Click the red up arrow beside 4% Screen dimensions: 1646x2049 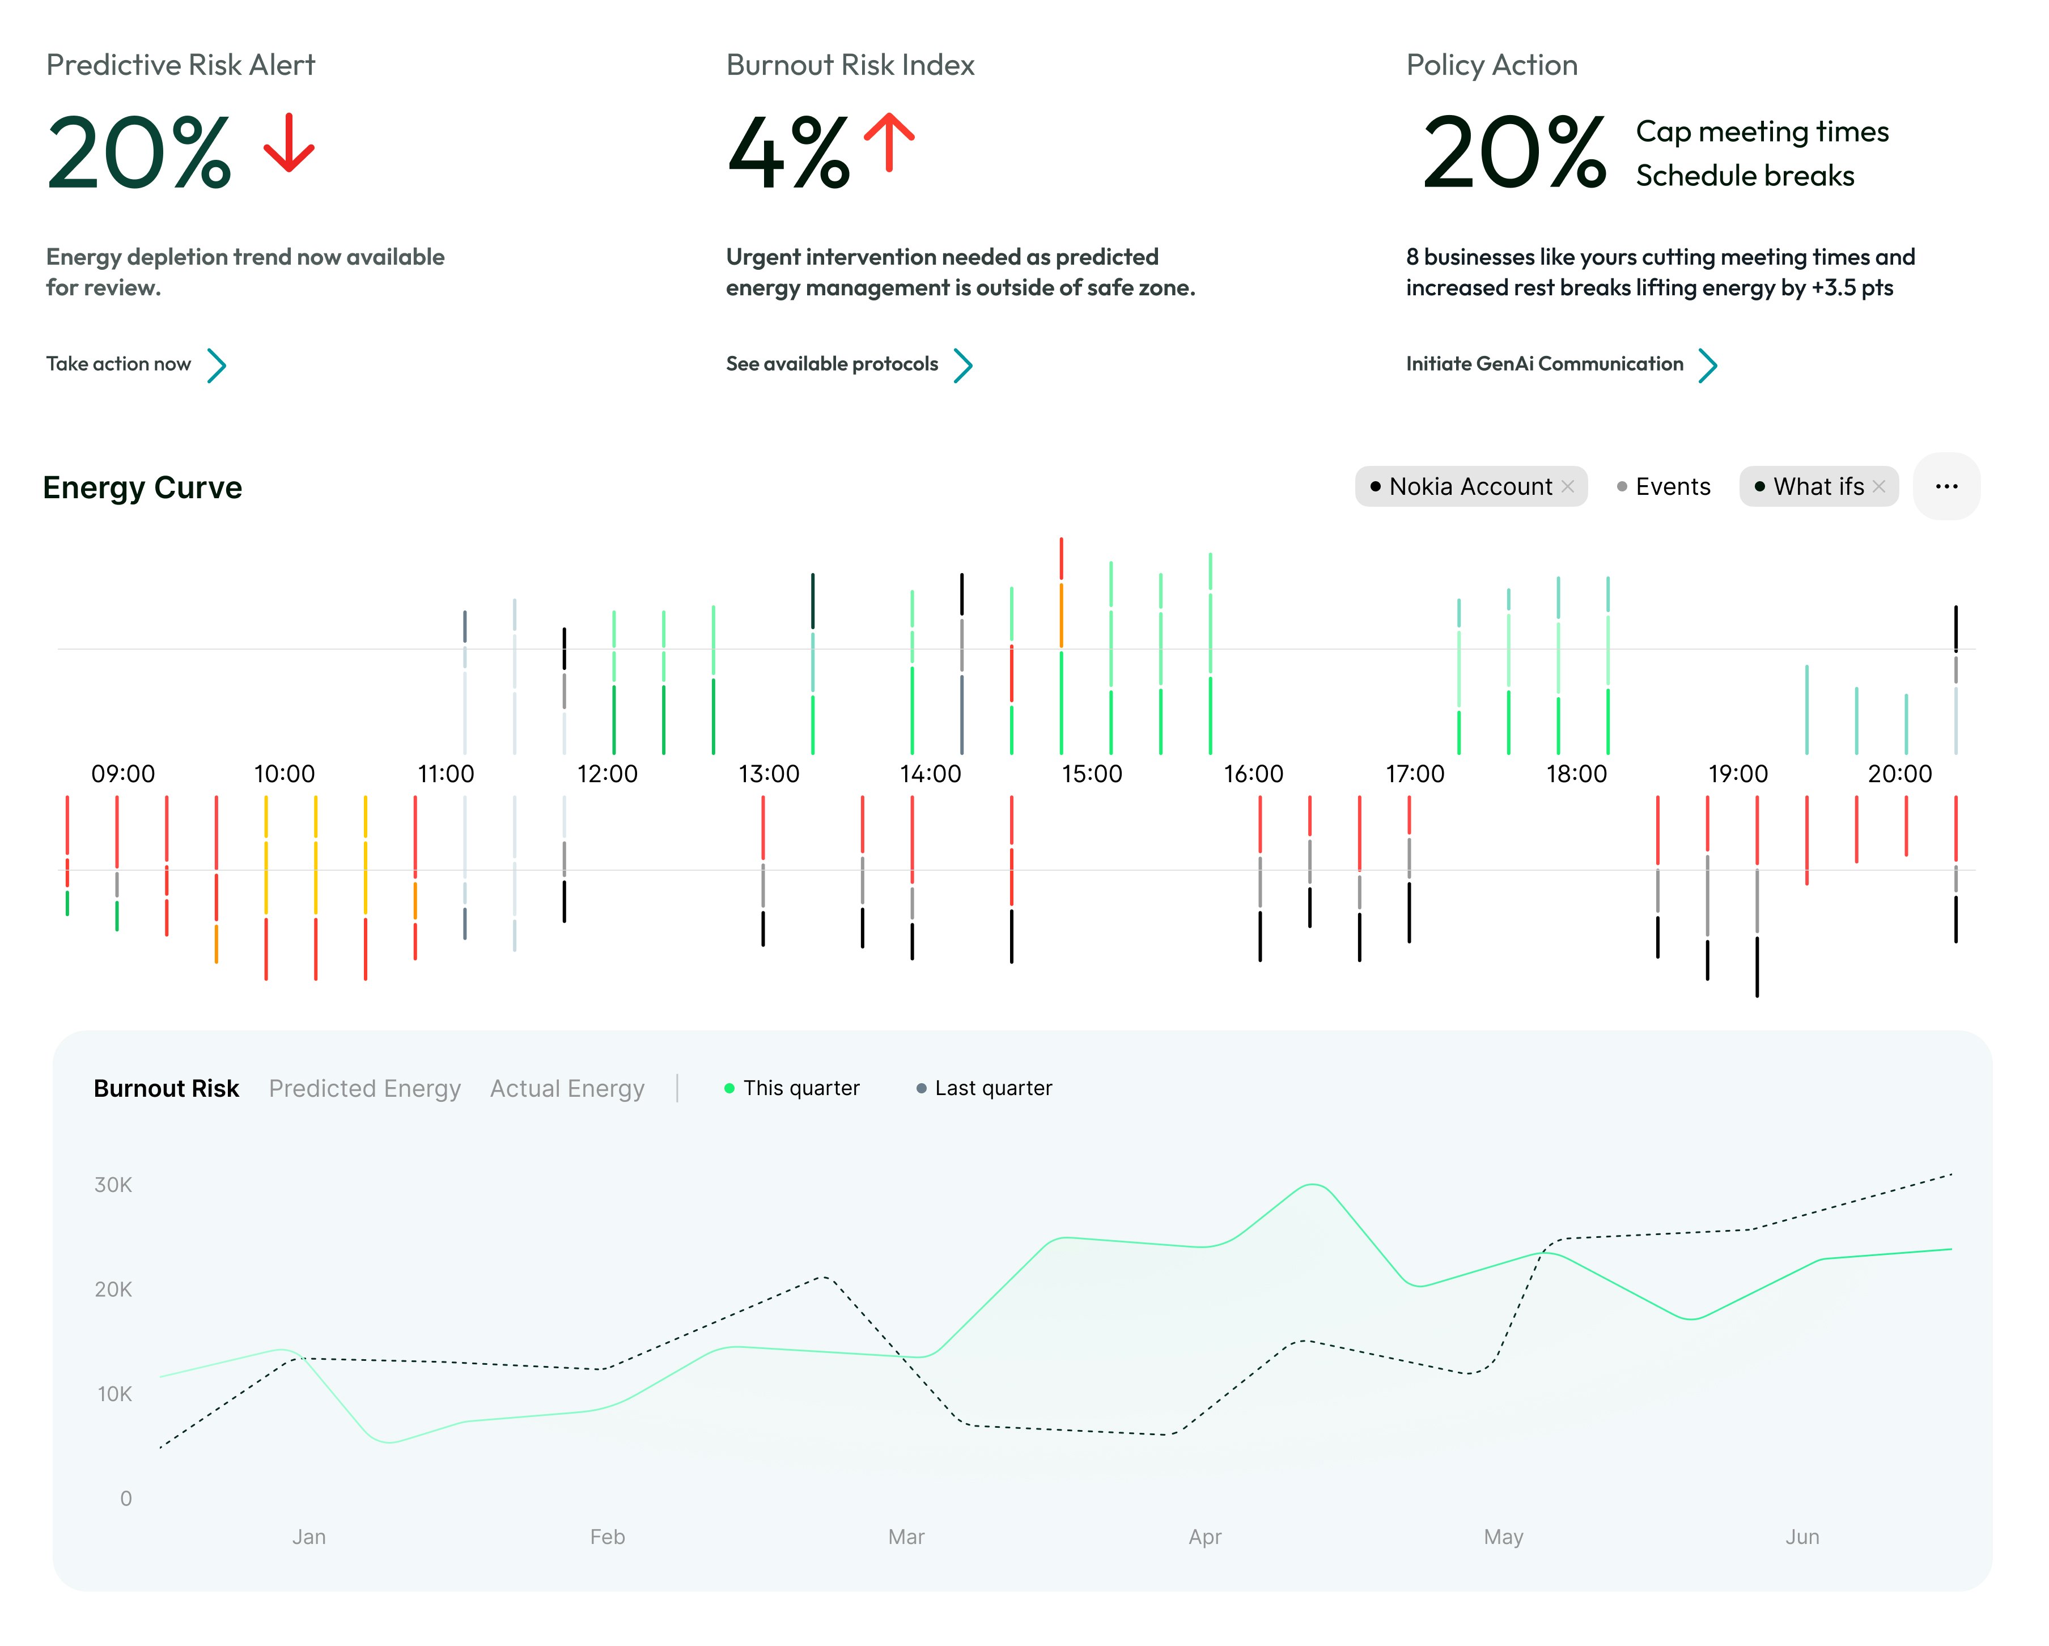coord(889,143)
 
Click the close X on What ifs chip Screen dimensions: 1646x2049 coord(1879,486)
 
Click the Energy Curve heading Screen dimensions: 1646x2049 coord(143,487)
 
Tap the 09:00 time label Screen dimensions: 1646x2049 coord(122,774)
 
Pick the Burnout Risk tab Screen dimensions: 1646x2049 coord(166,1088)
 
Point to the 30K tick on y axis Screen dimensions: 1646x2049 coord(113,1185)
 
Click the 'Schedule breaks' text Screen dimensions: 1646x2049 coord(1744,176)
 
